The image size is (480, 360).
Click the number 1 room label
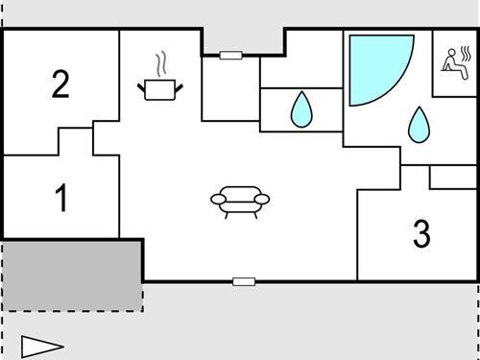pos(61,199)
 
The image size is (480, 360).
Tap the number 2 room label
pos(60,84)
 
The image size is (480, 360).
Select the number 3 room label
pos(421,233)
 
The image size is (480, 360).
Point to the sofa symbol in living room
pos(240,201)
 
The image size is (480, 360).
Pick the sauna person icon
pos(455,61)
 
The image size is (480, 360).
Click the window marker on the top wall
pos(230,56)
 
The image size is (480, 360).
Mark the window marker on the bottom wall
pos(244,281)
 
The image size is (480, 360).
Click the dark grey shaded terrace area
pos(72,275)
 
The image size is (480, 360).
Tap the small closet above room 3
pos(452,177)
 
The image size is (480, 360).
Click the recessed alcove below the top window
pos(230,88)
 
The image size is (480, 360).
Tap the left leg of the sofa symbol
pos(228,214)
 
